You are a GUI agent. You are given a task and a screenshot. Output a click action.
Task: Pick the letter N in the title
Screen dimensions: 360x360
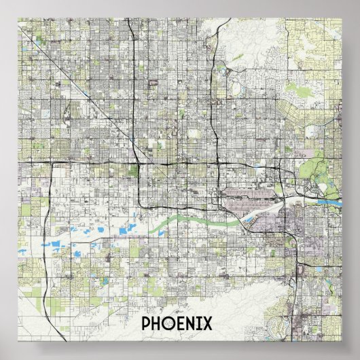tap(198, 323)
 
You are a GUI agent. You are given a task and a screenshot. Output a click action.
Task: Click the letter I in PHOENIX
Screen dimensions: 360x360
tap(207, 323)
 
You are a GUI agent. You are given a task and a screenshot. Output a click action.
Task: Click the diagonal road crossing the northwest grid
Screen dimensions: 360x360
tap(82, 95)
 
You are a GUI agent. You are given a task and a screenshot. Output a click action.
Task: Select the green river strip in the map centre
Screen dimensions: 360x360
tap(183, 219)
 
